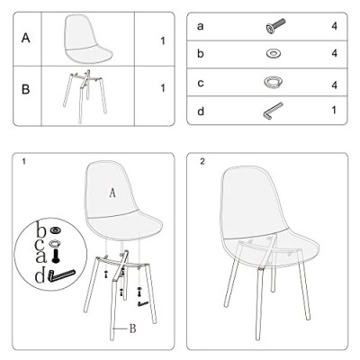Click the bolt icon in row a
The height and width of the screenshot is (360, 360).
(x=275, y=26)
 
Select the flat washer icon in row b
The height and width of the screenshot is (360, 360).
(x=274, y=54)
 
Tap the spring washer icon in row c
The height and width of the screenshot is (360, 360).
(x=274, y=82)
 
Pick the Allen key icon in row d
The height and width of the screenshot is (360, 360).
(x=273, y=111)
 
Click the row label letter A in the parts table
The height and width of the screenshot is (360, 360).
(x=26, y=39)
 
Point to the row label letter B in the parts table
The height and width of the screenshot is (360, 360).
(x=26, y=89)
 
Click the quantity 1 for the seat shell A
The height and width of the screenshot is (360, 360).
(x=163, y=40)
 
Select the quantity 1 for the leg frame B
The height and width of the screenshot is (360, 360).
(x=163, y=88)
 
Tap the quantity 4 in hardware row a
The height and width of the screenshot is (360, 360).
(x=335, y=26)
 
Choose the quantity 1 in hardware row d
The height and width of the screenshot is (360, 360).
(x=334, y=110)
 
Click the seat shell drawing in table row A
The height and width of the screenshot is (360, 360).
(x=88, y=40)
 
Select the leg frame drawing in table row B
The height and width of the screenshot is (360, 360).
(x=85, y=96)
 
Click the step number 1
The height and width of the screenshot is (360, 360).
(x=23, y=162)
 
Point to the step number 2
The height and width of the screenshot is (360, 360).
(x=202, y=162)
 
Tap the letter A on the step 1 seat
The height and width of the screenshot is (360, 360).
(x=112, y=193)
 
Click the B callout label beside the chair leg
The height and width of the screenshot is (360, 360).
(x=132, y=328)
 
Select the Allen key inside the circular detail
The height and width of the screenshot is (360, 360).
(x=62, y=275)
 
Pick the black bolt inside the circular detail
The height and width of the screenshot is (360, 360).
(x=56, y=256)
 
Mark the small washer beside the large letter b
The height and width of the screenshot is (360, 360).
(x=55, y=230)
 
